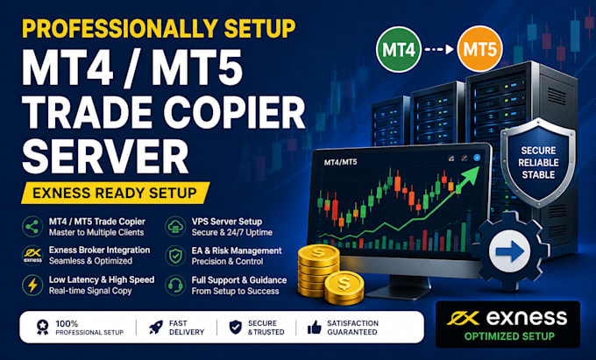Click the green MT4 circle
point(398,50)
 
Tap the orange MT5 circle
point(479,49)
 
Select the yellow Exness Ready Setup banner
point(115,193)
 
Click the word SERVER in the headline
point(106,157)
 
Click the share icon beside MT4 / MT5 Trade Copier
point(32,227)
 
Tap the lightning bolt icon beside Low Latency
point(32,285)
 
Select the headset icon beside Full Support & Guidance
point(175,285)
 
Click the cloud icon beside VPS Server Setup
point(175,227)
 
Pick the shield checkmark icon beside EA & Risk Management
point(175,256)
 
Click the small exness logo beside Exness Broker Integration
point(32,255)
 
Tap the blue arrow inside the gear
point(510,251)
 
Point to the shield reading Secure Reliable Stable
point(538,163)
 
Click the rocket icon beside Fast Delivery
point(156,328)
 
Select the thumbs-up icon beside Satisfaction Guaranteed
point(314,327)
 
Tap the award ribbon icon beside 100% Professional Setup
point(43,328)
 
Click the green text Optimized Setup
point(509,336)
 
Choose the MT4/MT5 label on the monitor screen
point(341,162)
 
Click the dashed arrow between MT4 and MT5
point(439,49)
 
